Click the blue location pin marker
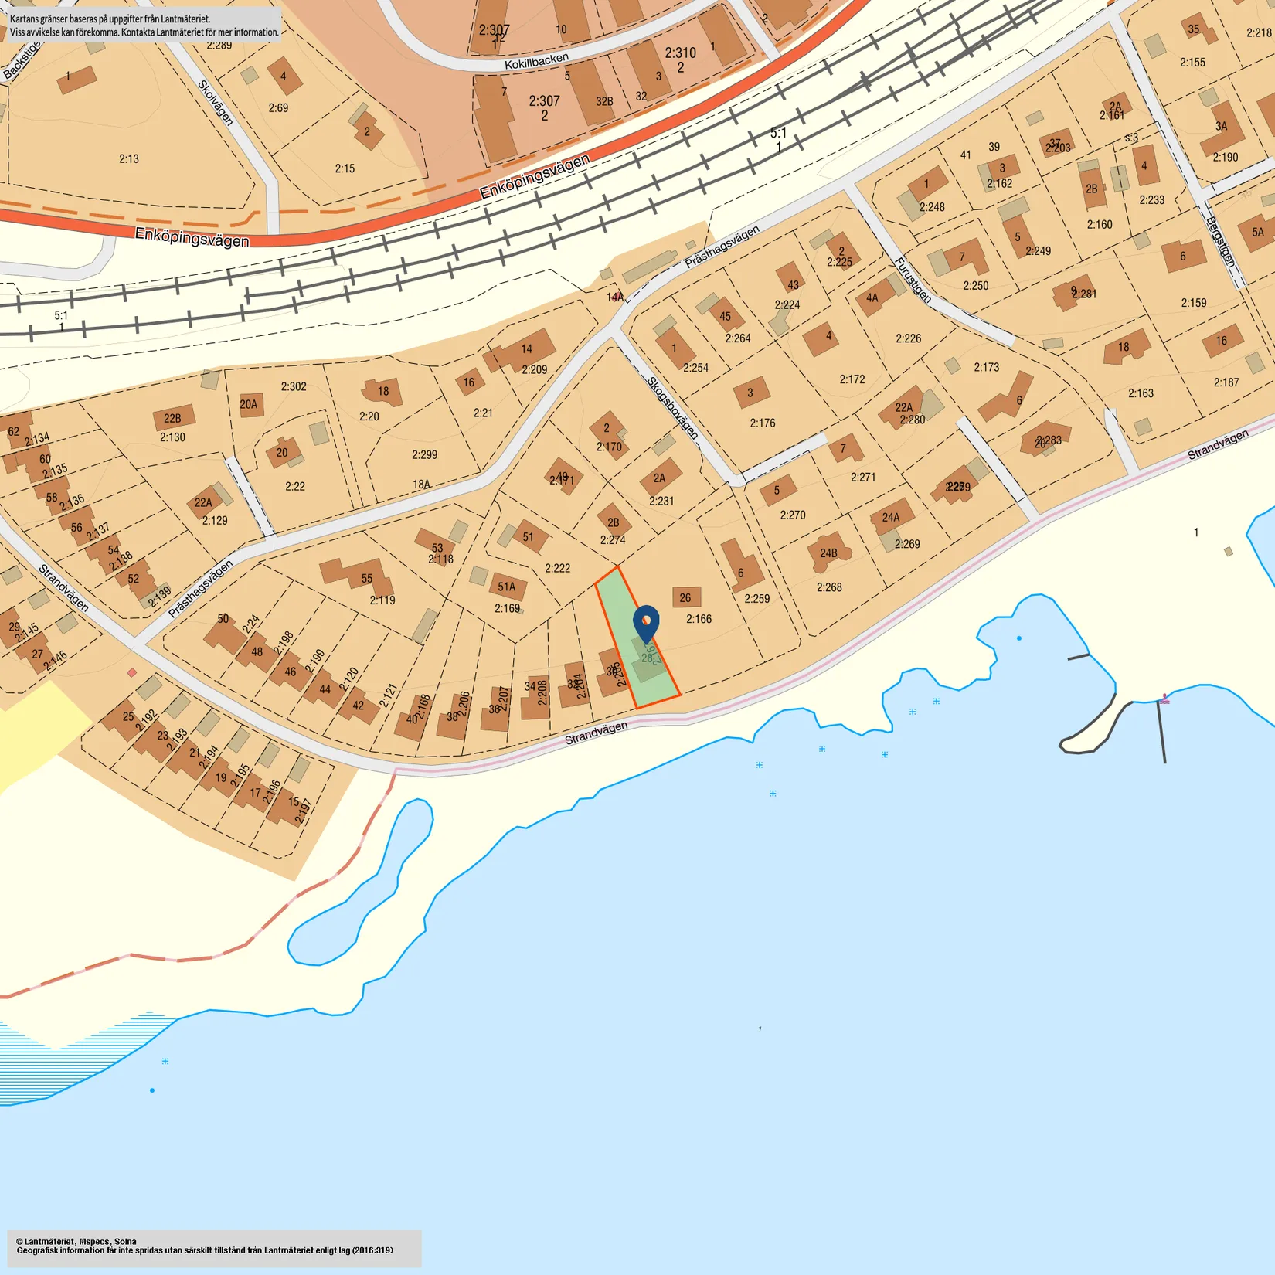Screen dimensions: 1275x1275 pos(646,622)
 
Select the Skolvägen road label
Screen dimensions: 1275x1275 pos(216,102)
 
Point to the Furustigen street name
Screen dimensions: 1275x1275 pos(913,279)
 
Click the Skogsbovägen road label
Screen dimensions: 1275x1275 pos(672,407)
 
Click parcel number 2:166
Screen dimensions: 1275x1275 pos(699,619)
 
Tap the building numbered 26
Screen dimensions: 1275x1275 pos(685,597)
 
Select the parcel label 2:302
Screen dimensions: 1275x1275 pos(294,386)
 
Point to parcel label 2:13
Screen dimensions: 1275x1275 pos(129,159)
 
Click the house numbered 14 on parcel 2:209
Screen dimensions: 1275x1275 pos(526,349)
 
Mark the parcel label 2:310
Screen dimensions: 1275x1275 pos(680,53)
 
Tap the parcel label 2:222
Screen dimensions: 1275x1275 pos(557,568)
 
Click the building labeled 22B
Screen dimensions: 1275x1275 pos(172,419)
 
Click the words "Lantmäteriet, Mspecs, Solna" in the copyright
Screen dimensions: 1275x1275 pos(80,1242)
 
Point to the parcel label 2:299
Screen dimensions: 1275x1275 pos(424,454)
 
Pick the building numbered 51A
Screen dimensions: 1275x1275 pos(507,587)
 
